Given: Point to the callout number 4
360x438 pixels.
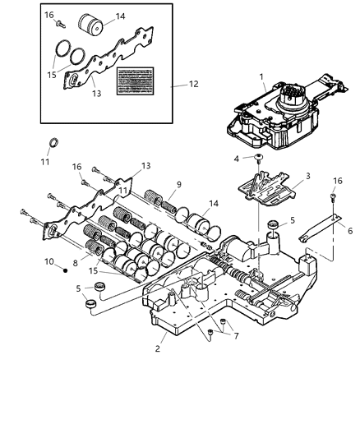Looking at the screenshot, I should pyautogui.click(x=238, y=159).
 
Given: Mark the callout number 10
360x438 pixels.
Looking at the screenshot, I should pyautogui.click(x=48, y=261).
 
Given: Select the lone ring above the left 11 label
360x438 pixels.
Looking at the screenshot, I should pyautogui.click(x=54, y=144).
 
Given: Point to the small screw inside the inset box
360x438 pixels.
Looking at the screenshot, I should pyautogui.click(x=59, y=25).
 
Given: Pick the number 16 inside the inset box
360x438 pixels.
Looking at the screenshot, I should pyautogui.click(x=48, y=15).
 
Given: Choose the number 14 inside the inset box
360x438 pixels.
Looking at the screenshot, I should pyautogui.click(x=121, y=16).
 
